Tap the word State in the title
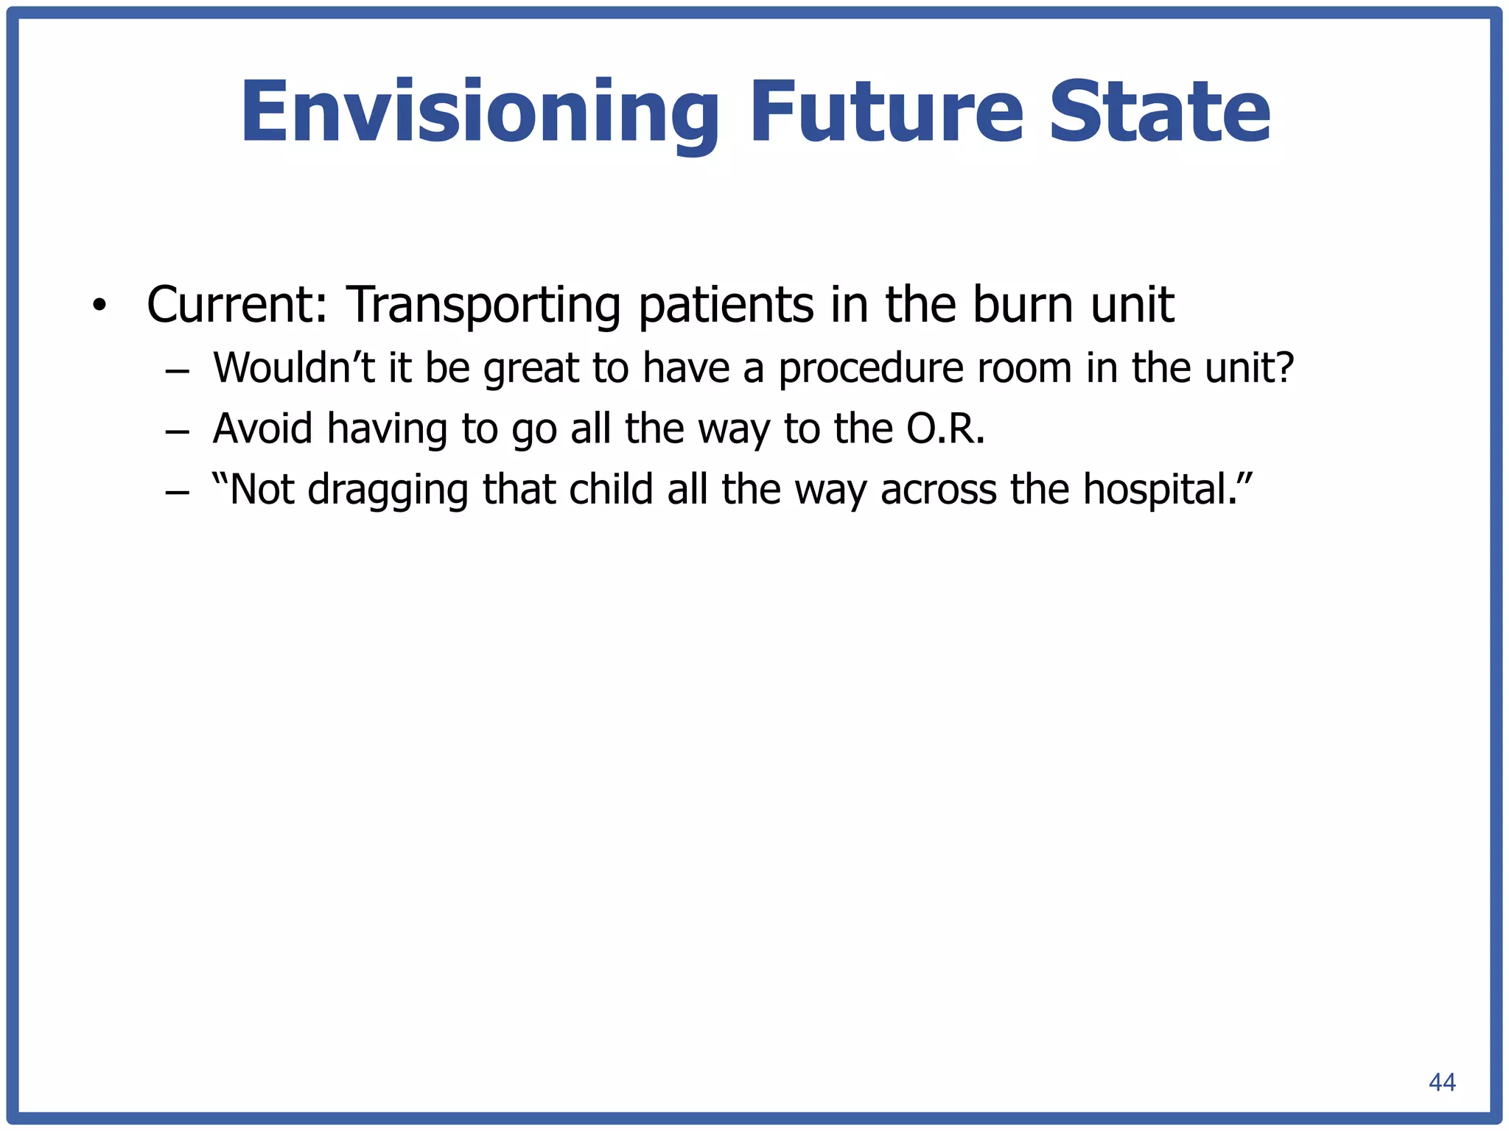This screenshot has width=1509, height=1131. point(1160,112)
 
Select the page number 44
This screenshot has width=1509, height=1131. point(1442,1082)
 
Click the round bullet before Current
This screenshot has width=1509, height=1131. point(99,306)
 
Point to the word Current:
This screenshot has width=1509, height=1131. point(237,304)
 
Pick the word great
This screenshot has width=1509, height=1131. point(531,368)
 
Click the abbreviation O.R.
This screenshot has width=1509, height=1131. point(945,428)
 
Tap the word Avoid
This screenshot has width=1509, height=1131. point(262,428)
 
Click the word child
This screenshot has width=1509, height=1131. point(611,489)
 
